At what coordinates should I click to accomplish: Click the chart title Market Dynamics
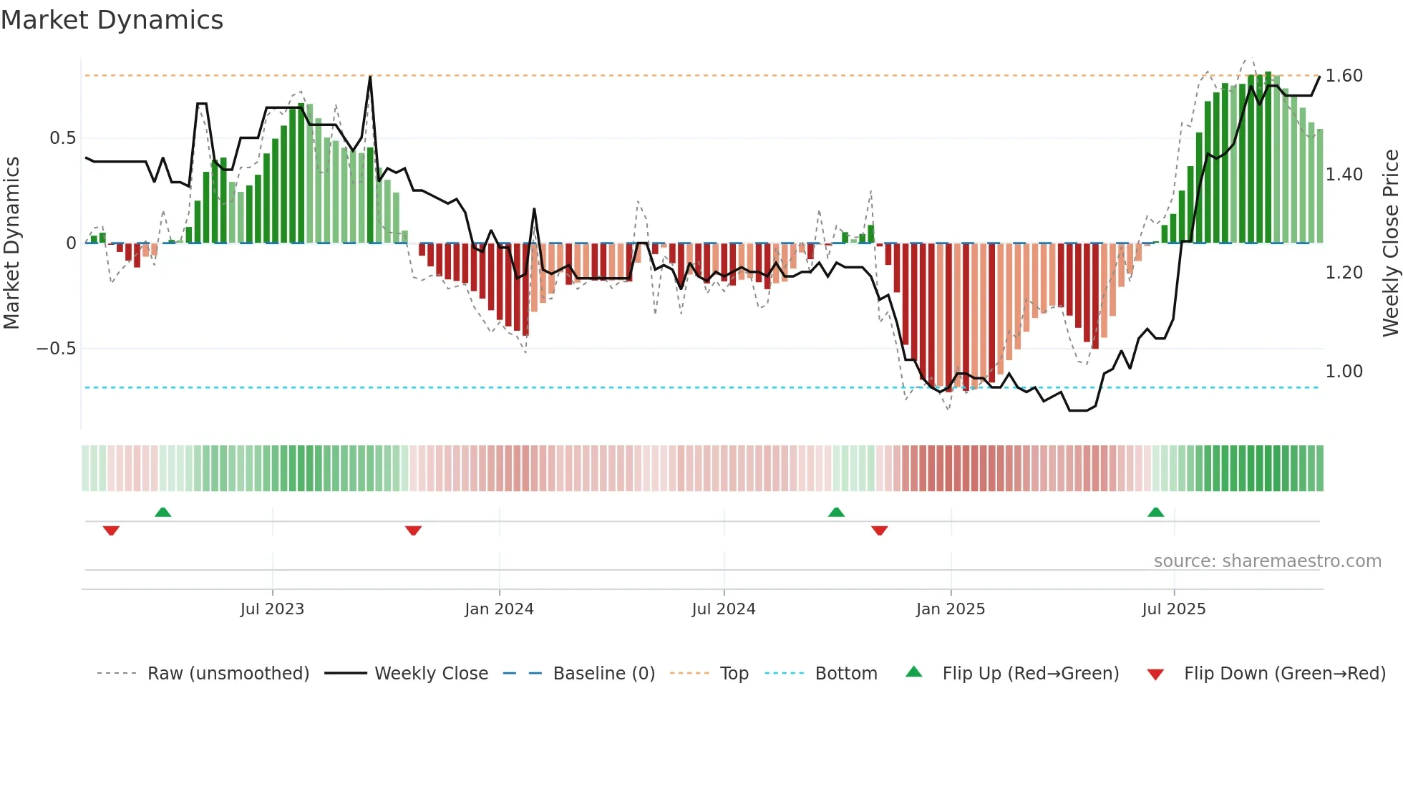coord(112,20)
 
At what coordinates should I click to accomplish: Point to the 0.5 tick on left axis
coord(62,138)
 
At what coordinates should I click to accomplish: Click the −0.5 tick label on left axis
coord(56,349)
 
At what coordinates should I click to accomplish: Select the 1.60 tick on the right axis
coord(1344,76)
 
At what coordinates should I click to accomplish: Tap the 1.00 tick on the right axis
coord(1344,372)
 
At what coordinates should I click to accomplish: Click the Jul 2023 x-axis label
coord(272,609)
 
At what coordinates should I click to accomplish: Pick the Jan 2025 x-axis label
coord(951,609)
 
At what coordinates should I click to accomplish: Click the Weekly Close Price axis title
coord(1390,243)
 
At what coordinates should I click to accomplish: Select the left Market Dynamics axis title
coord(12,243)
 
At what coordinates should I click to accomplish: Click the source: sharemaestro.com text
coord(1267,561)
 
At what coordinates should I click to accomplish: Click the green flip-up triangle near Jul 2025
coord(1155,512)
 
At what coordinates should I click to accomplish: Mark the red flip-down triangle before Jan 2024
coord(413,531)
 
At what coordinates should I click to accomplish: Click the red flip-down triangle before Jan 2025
coord(879,531)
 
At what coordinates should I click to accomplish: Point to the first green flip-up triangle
coord(162,512)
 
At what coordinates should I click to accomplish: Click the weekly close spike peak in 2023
coord(370,77)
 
